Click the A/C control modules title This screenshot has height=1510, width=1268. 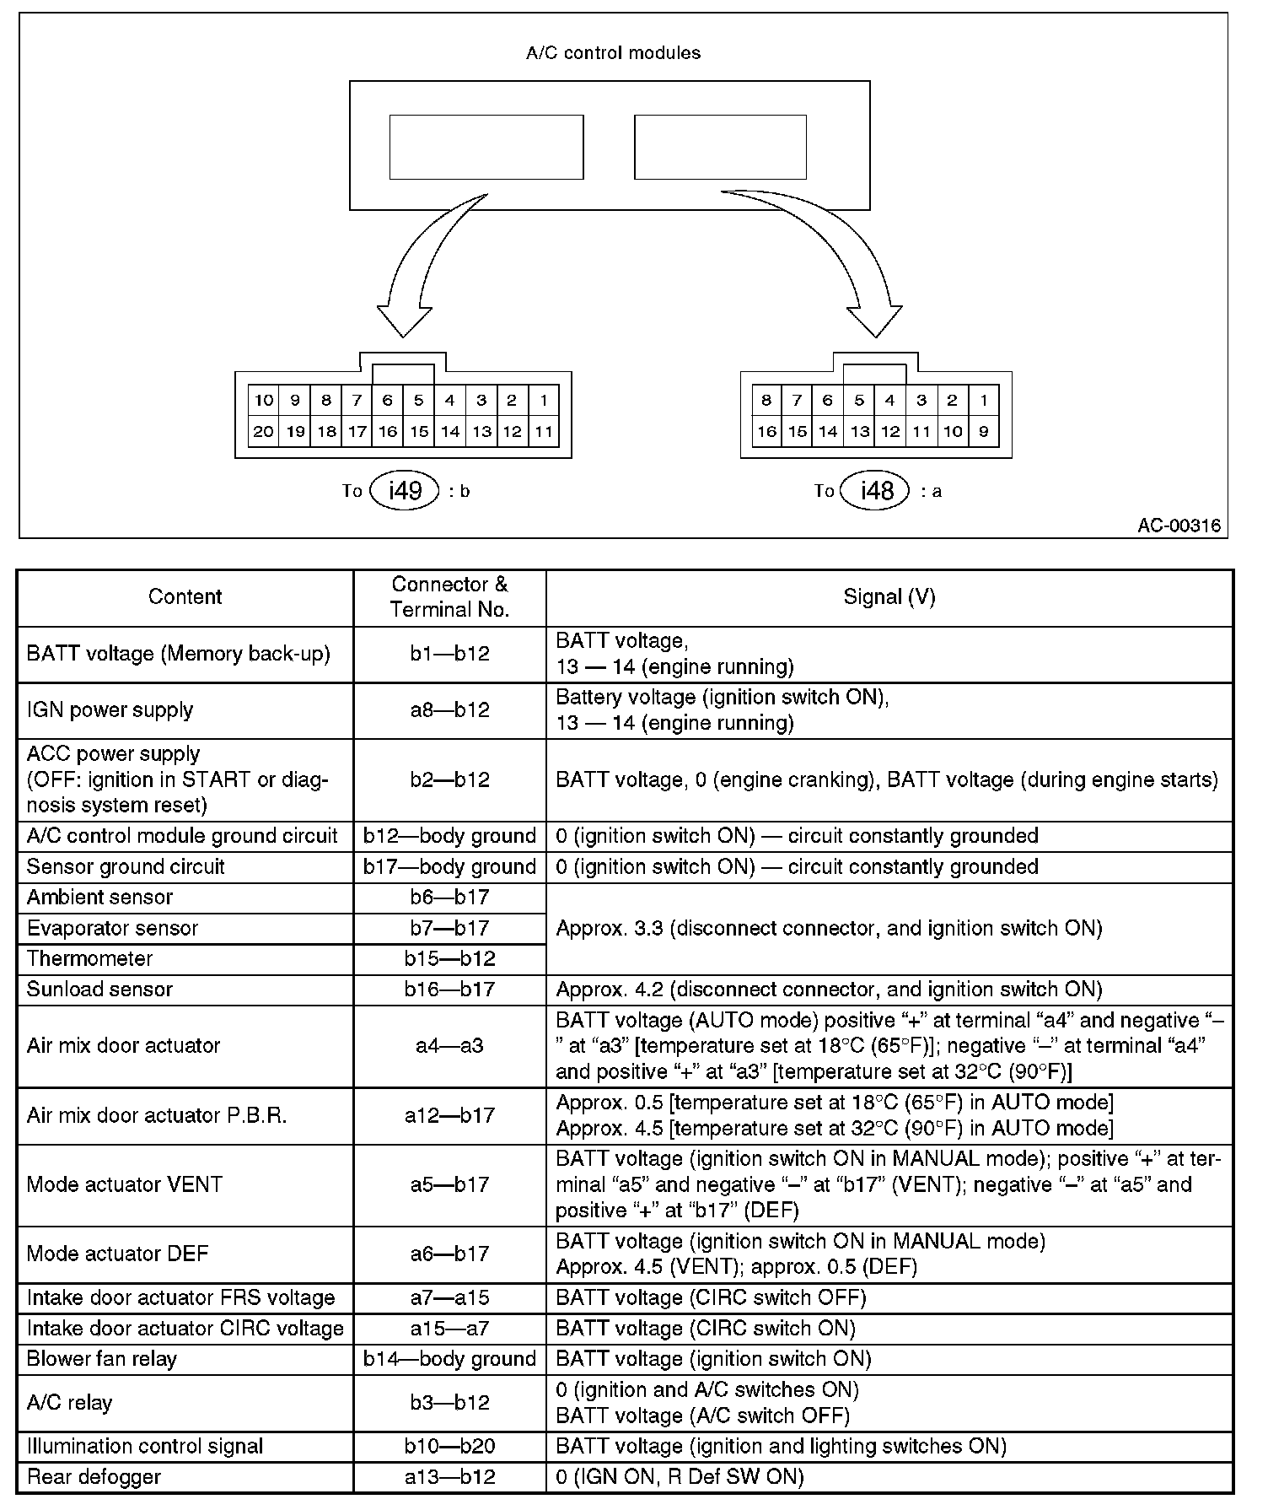(613, 53)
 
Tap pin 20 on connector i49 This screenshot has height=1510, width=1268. (263, 432)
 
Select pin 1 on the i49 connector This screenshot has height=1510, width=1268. (544, 401)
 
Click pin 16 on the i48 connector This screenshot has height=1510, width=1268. (766, 432)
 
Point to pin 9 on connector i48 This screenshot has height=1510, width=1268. (983, 432)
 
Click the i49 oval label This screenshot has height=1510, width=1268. (406, 490)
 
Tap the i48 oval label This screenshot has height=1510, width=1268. (877, 490)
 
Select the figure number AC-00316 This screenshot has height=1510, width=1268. (1179, 526)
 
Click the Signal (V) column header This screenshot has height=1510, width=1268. (889, 597)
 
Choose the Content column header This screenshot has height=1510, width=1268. (185, 597)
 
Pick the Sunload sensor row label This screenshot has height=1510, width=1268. (99, 990)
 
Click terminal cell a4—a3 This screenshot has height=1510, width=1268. (449, 1046)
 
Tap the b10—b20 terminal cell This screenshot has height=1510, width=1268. (449, 1447)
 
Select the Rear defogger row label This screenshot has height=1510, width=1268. (94, 1477)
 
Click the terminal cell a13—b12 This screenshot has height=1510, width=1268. (449, 1477)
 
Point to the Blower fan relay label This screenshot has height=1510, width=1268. (102, 1359)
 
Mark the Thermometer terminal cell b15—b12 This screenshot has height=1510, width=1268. (449, 959)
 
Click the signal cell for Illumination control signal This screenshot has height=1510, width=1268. (781, 1447)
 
